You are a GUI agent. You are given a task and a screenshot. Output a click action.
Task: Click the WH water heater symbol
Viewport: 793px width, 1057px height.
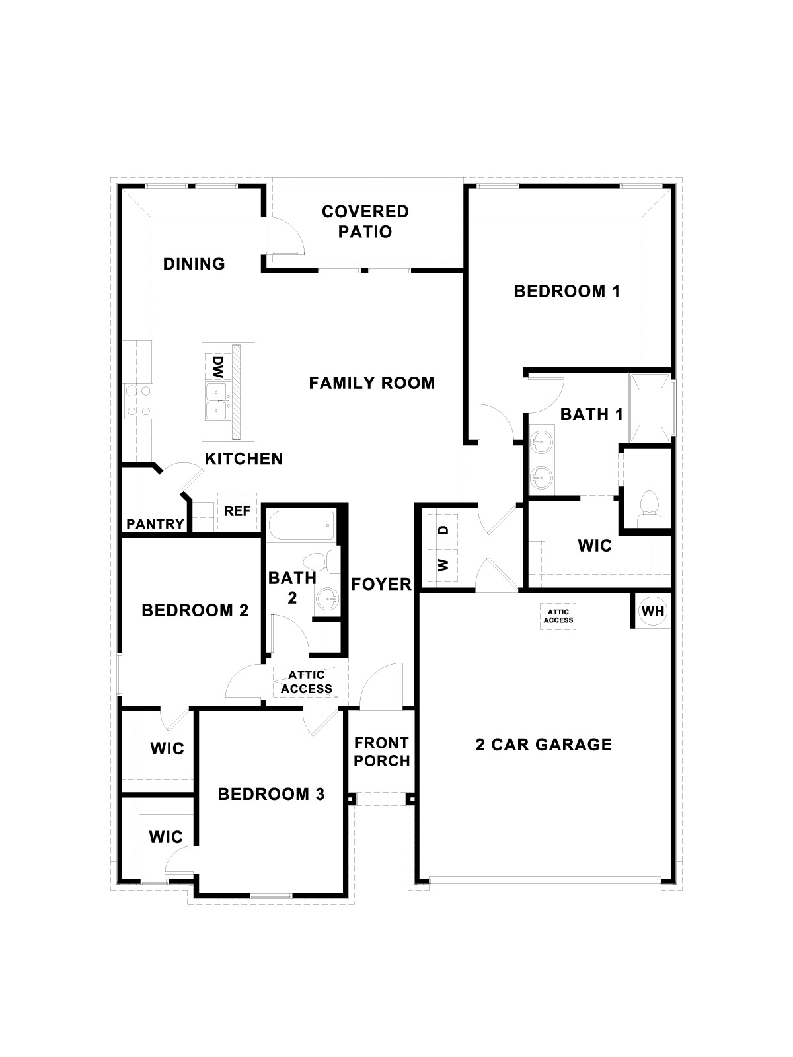coord(653,611)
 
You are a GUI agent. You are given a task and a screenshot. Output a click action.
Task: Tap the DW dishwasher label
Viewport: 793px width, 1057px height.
coord(216,365)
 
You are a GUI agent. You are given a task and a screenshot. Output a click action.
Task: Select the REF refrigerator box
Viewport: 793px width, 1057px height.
coord(237,511)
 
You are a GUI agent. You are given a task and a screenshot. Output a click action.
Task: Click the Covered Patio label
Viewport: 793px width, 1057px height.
coord(365,221)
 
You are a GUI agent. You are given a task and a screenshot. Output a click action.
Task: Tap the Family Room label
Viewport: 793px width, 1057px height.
coord(372,383)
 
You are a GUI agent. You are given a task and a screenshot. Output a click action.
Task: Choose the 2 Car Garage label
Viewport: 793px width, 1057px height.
coord(543,745)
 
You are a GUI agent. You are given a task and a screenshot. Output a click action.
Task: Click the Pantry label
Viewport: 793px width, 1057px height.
coord(155,524)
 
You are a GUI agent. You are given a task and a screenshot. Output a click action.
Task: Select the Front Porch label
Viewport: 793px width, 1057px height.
coord(381,752)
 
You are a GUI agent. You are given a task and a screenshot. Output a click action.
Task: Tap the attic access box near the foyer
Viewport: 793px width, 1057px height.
coord(306,682)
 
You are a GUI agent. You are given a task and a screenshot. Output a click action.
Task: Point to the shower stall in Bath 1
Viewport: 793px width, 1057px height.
coord(650,408)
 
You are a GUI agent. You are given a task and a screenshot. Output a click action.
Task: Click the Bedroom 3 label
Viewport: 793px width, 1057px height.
coord(271,794)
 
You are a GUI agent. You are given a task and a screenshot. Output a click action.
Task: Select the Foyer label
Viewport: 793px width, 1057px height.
coord(381,584)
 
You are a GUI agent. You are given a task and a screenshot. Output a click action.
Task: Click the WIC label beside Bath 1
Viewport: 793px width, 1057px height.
coord(594,546)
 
